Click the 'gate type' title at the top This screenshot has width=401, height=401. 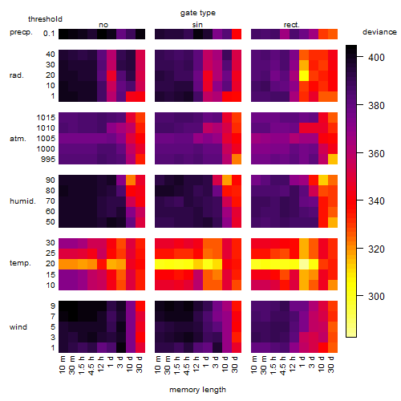click(198, 13)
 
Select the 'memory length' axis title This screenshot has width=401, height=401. click(197, 390)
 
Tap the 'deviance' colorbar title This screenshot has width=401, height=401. click(379, 32)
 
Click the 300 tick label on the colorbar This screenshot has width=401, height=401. click(376, 296)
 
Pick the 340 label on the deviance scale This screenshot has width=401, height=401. click(376, 200)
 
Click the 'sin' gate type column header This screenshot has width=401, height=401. click(197, 25)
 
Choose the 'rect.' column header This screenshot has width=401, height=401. click(292, 25)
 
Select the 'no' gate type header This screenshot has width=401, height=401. click(103, 25)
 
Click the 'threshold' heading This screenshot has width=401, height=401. click(45, 19)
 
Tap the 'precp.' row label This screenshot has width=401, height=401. click(21, 32)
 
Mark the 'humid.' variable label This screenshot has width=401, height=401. click(22, 201)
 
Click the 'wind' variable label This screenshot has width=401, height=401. click(18, 327)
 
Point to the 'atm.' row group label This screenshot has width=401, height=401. click(18, 139)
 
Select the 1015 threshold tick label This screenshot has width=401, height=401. click(46, 118)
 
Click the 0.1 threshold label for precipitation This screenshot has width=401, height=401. click(49, 34)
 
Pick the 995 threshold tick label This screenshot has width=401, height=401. click(48, 160)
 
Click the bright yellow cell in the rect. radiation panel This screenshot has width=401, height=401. click(304, 75)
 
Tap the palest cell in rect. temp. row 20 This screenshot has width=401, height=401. click(304, 264)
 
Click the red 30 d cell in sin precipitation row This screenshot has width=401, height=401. click(237, 34)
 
